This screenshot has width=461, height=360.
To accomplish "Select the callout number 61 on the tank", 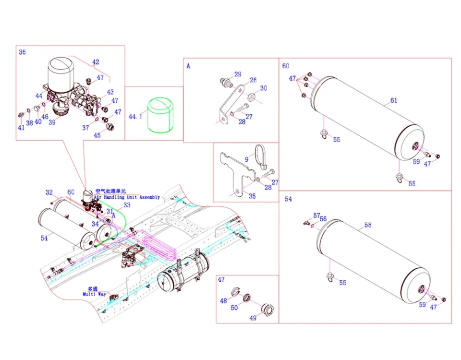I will (393, 100).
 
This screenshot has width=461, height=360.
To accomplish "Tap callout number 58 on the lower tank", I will (367, 225).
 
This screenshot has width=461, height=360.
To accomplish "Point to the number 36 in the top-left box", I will (22, 52).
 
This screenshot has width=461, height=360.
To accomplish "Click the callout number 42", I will (96, 62).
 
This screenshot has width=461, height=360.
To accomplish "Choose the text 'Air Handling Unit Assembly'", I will (127, 197).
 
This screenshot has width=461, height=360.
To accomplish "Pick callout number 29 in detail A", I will (238, 74).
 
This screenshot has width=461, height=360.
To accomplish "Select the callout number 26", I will (253, 80).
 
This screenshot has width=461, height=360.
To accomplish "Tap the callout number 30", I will (263, 88).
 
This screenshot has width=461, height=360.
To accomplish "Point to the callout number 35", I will (252, 196).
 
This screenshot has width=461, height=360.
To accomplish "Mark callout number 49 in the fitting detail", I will (253, 318).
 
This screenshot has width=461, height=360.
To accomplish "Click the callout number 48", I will (223, 301).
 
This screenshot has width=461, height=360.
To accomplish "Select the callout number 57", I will (316, 216).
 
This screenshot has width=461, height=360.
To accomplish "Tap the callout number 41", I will (21, 128).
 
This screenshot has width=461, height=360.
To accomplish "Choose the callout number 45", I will (97, 135).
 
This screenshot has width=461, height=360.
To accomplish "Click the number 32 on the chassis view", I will (49, 192).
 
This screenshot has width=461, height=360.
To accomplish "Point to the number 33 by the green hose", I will (127, 205).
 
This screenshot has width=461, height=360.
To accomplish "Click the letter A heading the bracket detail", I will (188, 66).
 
